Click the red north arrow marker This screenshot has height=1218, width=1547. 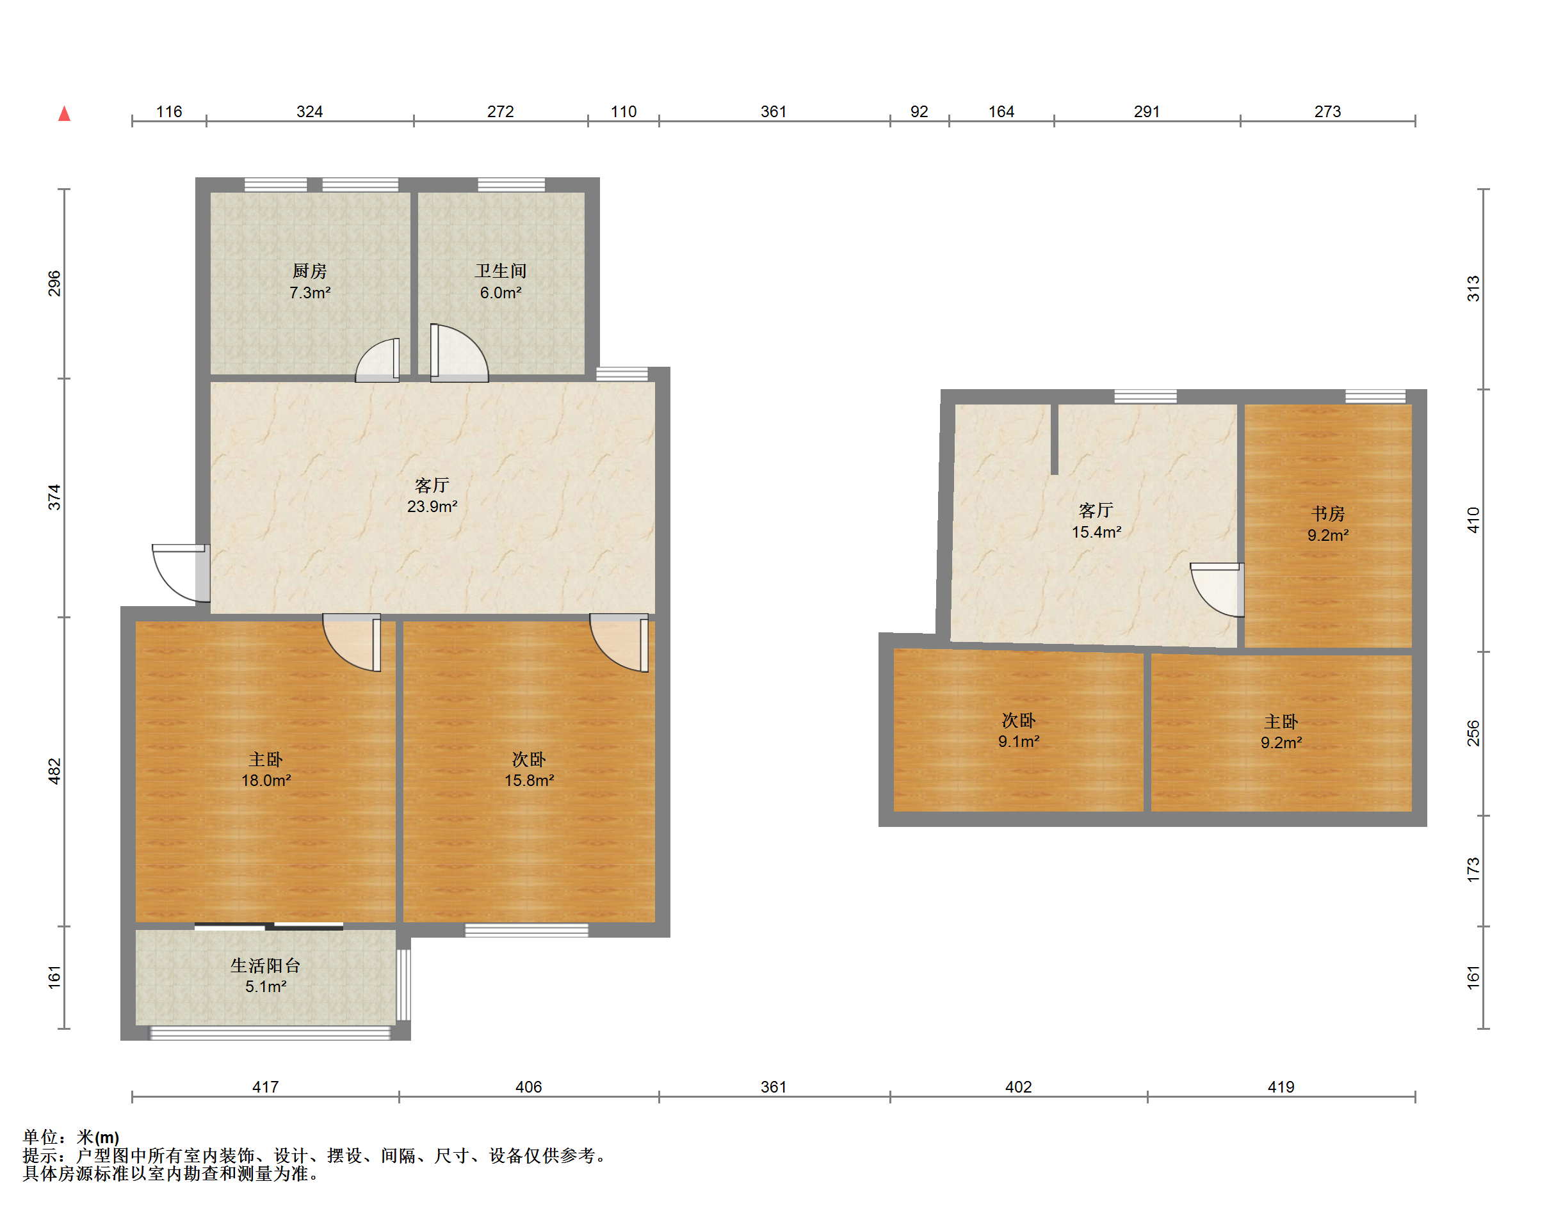pos(64,113)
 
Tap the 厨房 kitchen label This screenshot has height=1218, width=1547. pos(309,271)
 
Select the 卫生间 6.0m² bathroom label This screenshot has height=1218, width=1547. pos(500,282)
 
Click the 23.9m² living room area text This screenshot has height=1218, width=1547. pos(432,506)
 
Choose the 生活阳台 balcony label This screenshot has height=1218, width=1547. pos(265,966)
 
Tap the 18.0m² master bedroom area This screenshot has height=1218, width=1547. pos(265,780)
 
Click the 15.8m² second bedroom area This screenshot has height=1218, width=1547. pos(528,780)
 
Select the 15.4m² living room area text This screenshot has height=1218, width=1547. pos(1096,532)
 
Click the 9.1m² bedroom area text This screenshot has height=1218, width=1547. pos(1018,742)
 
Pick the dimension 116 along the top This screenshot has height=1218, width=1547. pos(169,111)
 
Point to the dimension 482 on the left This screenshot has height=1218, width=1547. pos(54,772)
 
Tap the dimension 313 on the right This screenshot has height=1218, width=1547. pos(1473,289)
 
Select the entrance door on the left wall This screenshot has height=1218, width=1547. pos(180,573)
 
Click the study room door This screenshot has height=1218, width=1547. pos(1217,589)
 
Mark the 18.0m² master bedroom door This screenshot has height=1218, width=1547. pos(351,643)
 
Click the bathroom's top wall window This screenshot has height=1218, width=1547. pos(511,185)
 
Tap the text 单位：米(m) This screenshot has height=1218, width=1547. pos(70,1137)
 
